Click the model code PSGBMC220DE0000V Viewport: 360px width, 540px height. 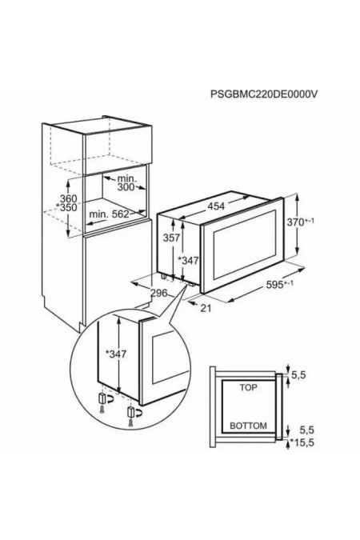click(x=264, y=94)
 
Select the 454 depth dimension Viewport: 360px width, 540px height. click(x=216, y=206)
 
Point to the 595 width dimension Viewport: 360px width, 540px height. click(x=280, y=285)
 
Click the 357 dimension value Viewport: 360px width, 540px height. click(x=171, y=238)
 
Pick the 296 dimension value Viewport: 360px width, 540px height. click(x=159, y=293)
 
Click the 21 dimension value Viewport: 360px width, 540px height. click(x=206, y=307)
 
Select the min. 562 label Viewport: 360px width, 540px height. click(x=109, y=214)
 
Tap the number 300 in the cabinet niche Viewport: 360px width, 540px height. click(x=126, y=187)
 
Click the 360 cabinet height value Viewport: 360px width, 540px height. click(x=69, y=198)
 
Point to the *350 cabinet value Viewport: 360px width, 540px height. click(x=67, y=207)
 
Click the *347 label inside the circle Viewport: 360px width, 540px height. click(x=116, y=354)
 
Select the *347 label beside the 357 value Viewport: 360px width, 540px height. click(x=188, y=261)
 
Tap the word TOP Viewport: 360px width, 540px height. click(x=248, y=388)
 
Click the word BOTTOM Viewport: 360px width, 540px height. click(x=248, y=426)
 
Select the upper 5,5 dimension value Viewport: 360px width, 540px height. click(x=298, y=375)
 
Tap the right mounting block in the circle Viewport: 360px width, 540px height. click(x=130, y=411)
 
